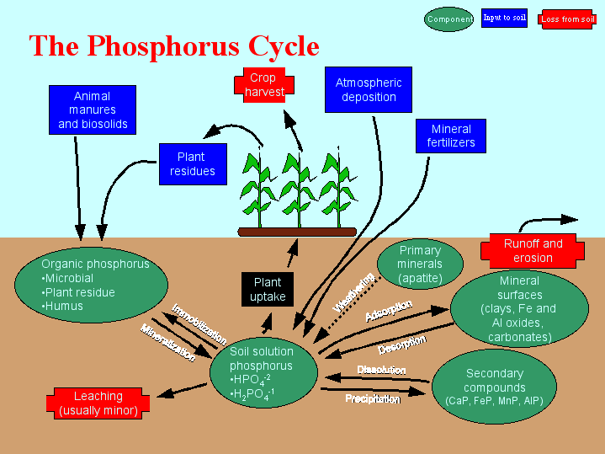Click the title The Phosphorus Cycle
coord(174,45)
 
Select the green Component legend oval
coord(449,19)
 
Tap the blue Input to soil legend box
coord(504,18)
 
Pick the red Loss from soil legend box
coord(568,19)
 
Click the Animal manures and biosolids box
coord(93,110)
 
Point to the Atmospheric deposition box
coord(369,90)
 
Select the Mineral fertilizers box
coord(451,136)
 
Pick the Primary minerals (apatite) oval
coord(420,264)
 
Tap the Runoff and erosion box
coord(533,250)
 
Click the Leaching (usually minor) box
coord(98,403)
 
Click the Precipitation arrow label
coord(372,398)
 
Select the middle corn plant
coord(295,190)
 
